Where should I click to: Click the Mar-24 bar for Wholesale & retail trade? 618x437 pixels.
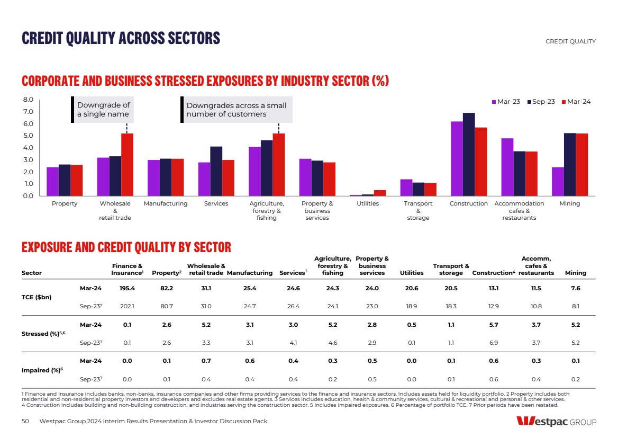pyautogui.click(x=127, y=165)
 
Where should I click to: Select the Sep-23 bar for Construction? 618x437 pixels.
pyautogui.click(x=469, y=154)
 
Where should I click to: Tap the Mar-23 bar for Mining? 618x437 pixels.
pyautogui.click(x=558, y=182)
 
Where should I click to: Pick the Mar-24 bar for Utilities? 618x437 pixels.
pyautogui.click(x=380, y=193)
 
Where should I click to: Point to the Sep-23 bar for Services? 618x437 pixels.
pyautogui.click(x=216, y=171)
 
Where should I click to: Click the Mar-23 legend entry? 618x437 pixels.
pyautogui.click(x=506, y=102)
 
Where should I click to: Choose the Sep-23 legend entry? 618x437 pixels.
pyautogui.click(x=541, y=102)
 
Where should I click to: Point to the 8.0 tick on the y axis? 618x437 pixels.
pyautogui.click(x=29, y=100)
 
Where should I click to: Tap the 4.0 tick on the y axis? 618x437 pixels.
pyautogui.click(x=29, y=148)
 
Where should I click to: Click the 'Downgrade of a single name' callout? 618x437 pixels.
pyautogui.click(x=103, y=110)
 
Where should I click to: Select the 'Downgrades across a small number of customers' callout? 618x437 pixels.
pyautogui.click(x=236, y=110)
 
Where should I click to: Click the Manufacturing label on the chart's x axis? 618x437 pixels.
pyautogui.click(x=166, y=204)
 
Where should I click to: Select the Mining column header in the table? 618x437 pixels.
pyautogui.click(x=576, y=273)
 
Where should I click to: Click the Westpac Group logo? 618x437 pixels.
pyautogui.click(x=556, y=422)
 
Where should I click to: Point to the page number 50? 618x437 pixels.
pyautogui.click(x=25, y=421)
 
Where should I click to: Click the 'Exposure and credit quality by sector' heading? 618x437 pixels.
pyautogui.click(x=126, y=247)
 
